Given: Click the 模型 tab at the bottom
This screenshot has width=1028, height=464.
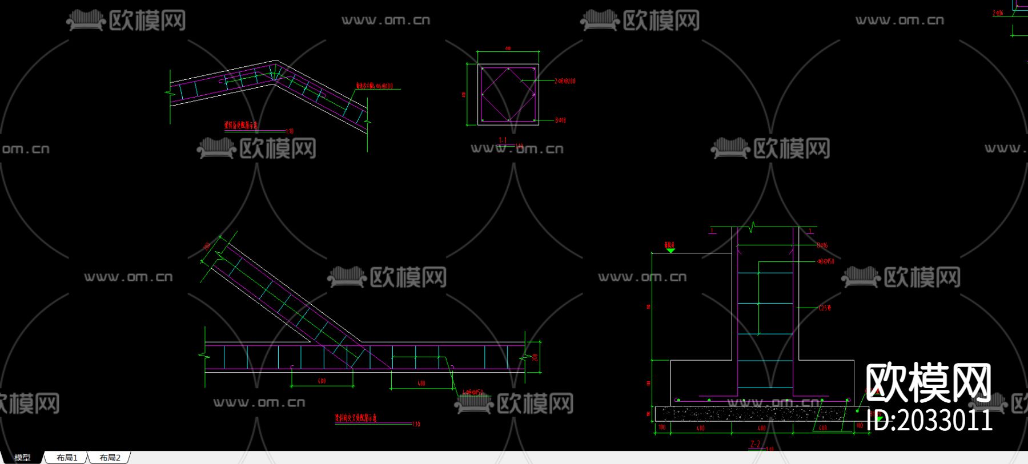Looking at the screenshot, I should click(x=22, y=458).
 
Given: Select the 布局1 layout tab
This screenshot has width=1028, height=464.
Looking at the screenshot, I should click(x=67, y=458).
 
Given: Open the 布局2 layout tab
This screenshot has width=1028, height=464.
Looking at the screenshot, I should click(x=110, y=458).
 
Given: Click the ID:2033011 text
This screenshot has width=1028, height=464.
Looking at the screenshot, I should click(x=929, y=421).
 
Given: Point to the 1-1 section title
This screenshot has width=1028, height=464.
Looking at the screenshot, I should click(x=503, y=140).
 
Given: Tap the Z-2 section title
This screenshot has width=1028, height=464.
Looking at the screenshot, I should click(x=755, y=444).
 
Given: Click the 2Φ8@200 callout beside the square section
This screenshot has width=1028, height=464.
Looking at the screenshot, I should click(x=565, y=81).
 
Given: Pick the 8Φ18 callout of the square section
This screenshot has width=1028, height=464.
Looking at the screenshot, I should click(x=560, y=120).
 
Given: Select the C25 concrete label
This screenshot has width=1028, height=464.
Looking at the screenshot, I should click(x=825, y=308).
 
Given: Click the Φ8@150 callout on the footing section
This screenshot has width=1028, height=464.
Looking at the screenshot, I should click(x=826, y=261).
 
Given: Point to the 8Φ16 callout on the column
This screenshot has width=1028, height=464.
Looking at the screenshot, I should click(x=822, y=245).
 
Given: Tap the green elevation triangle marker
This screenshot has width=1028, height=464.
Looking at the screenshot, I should click(x=670, y=250).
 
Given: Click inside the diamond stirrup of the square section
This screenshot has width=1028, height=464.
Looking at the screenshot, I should click(x=508, y=94).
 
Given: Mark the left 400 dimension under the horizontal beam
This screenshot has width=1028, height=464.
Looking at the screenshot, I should click(x=322, y=381).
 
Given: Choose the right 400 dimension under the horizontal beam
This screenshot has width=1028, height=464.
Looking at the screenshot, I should click(x=421, y=383).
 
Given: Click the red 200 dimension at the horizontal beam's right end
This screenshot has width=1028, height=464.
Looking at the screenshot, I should click(x=535, y=357).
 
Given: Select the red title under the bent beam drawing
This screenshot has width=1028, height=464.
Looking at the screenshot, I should click(x=240, y=125).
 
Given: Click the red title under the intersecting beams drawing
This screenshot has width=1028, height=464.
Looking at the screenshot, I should click(x=355, y=418).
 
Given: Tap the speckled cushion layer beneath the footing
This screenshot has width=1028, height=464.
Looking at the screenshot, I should click(x=754, y=413).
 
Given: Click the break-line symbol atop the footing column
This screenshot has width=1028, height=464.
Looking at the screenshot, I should click(x=753, y=227).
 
